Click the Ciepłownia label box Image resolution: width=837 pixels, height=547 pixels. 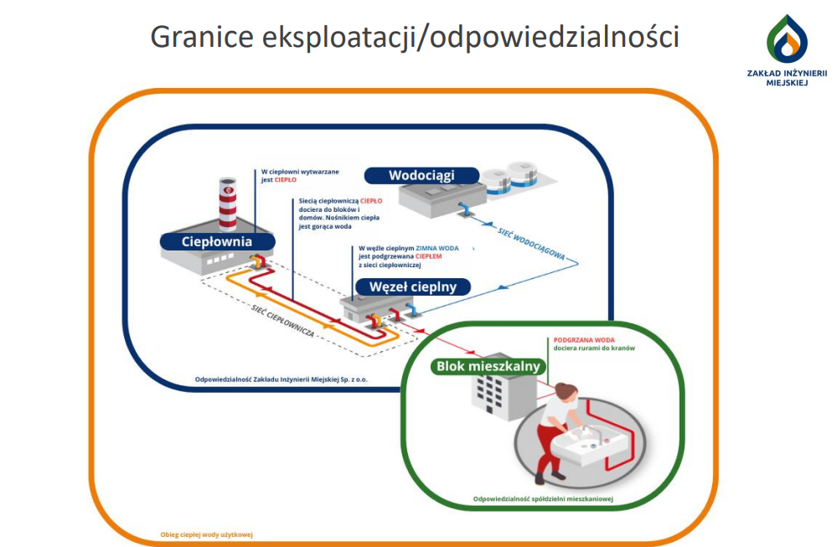point(217,242)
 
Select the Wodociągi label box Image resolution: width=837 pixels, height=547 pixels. point(421,175)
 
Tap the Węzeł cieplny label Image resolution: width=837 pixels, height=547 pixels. point(413,286)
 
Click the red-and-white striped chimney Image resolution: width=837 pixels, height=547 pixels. point(229,204)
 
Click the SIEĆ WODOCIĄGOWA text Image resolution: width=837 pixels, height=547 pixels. point(530,244)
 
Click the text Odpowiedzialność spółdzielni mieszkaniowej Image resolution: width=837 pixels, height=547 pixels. point(543,499)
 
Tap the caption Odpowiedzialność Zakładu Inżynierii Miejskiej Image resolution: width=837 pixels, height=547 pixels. point(281,379)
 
